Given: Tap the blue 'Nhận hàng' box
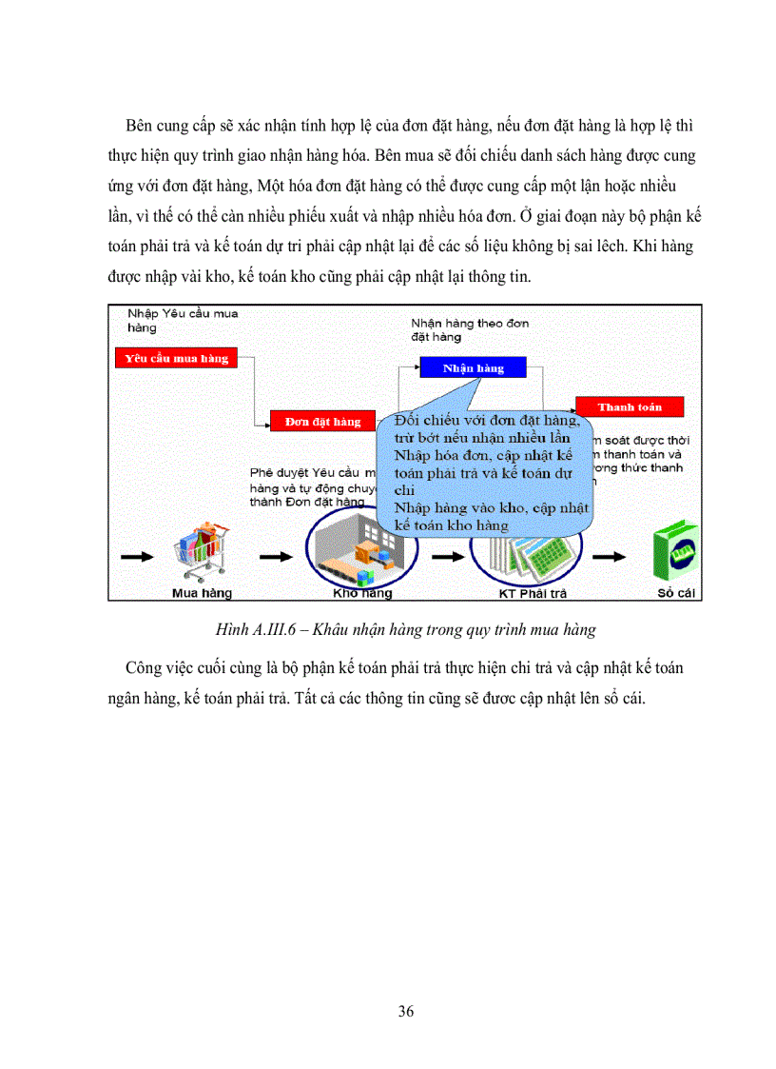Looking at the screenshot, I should click(475, 367).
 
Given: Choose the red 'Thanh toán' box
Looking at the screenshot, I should click(630, 406).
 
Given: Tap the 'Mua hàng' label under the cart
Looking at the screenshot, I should click(202, 593).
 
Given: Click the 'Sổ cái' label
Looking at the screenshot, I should click(678, 593).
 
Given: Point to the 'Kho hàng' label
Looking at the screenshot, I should click(362, 593).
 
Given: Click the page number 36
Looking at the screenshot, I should click(406, 1011).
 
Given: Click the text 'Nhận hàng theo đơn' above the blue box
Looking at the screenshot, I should click(470, 324).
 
